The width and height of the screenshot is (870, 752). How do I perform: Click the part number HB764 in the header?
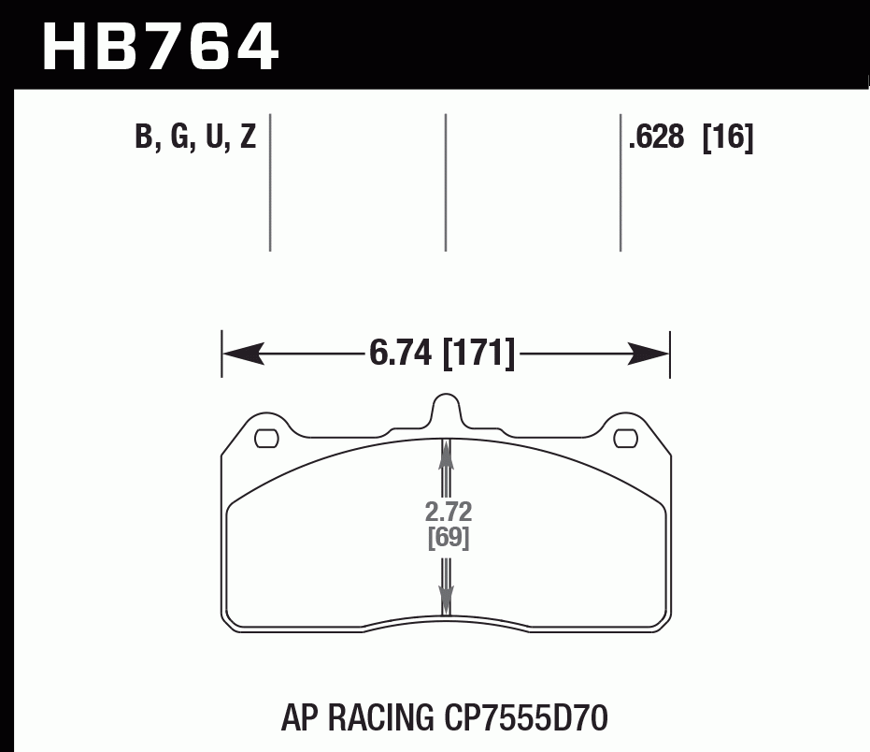[161, 47]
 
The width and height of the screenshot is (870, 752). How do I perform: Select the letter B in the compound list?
[144, 138]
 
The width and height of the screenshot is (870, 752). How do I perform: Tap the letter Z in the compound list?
[248, 138]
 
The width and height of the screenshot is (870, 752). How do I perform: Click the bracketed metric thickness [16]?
[728, 138]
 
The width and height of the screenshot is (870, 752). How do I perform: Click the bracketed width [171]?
[478, 354]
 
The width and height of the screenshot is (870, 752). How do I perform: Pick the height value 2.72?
[448, 513]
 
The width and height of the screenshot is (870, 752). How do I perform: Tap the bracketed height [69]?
[448, 539]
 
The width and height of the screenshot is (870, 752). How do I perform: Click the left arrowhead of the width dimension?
[239, 354]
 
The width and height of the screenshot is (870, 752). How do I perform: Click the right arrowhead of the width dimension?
[652, 354]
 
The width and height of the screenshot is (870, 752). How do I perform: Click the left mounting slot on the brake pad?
[267, 436]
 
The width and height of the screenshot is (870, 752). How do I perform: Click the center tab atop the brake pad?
[446, 410]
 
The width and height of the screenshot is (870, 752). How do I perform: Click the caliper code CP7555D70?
[522, 718]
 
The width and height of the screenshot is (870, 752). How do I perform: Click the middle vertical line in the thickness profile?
[446, 182]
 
